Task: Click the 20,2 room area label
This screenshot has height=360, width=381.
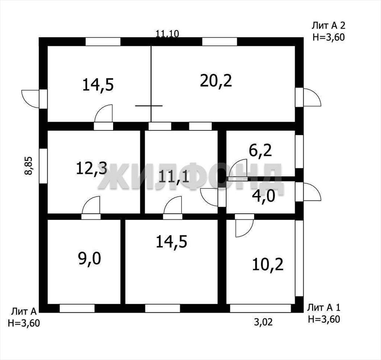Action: coord(216,81)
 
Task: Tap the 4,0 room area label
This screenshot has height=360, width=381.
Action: coord(264,196)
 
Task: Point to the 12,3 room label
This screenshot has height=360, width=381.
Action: coord(92,168)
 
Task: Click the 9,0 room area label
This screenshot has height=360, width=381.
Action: coord(89,258)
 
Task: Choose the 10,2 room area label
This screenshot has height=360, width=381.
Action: coord(268,264)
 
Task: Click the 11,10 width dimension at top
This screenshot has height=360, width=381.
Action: coord(167,33)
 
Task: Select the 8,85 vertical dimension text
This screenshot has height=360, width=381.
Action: coord(28,165)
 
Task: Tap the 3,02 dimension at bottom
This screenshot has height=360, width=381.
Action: coord(263,322)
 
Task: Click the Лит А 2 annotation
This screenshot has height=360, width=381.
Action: coord(329,31)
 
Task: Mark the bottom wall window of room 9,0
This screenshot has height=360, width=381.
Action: coord(77,308)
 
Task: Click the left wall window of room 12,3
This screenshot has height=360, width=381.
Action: coord(43,166)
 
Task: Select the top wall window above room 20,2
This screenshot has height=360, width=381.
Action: coord(220,42)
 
